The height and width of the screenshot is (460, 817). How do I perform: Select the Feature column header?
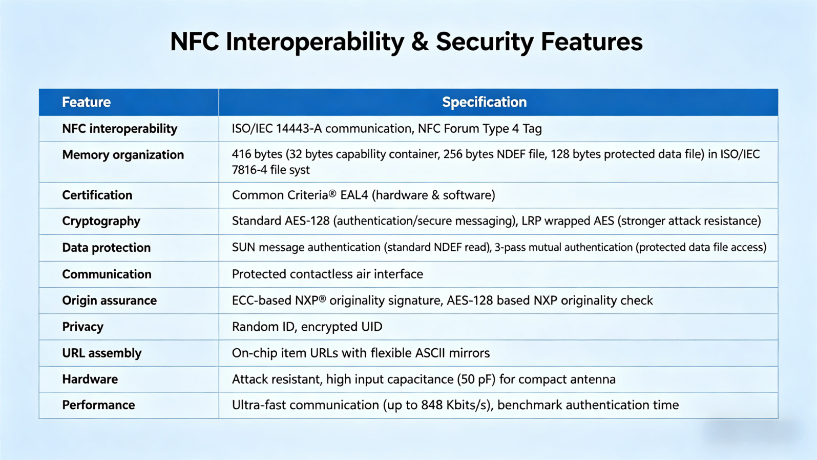click(x=86, y=102)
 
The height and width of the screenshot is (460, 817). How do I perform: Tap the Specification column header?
click(x=485, y=102)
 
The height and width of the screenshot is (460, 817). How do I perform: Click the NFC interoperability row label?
click(x=120, y=129)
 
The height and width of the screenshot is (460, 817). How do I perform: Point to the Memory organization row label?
click(x=123, y=155)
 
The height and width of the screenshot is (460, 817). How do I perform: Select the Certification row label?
click(x=97, y=195)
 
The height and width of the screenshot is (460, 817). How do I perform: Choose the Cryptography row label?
click(x=101, y=221)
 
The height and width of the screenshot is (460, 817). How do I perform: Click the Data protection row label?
click(x=106, y=248)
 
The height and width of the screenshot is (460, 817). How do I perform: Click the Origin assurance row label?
click(x=110, y=300)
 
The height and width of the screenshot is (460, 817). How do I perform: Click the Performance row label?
click(x=98, y=405)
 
